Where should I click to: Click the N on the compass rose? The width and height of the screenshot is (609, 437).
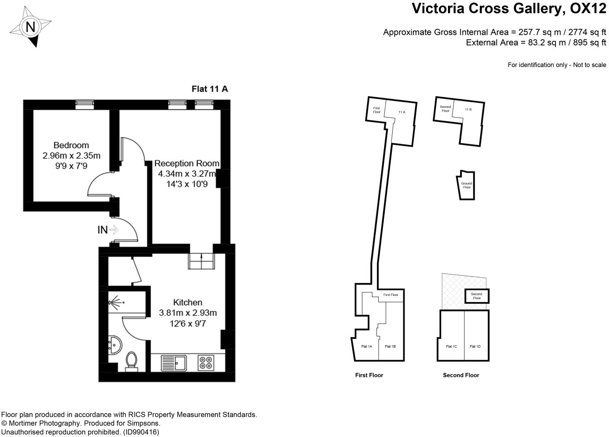click(30, 27)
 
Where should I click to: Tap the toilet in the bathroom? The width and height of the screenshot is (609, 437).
click(132, 361)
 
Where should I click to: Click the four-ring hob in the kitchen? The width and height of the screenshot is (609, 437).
click(206, 363)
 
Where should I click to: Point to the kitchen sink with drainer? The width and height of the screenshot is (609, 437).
click(174, 363)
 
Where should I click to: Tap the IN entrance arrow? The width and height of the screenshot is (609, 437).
click(114, 230)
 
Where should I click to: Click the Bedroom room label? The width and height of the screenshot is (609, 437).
click(71, 145)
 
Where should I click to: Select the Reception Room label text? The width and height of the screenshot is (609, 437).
click(187, 163)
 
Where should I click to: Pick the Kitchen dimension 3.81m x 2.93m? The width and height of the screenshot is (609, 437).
click(188, 313)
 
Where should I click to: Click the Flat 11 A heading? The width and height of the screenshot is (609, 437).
click(210, 89)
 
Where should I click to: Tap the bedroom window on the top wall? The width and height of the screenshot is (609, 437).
click(84, 105)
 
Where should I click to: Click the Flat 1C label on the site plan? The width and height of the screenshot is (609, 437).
click(451, 346)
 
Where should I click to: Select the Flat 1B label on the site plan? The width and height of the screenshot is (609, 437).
click(390, 346)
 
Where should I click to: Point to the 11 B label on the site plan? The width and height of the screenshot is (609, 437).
click(468, 109)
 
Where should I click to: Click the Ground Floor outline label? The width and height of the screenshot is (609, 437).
click(467, 185)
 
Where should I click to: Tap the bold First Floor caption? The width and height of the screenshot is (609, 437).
click(369, 375)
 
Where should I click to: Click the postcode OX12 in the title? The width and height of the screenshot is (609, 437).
click(588, 8)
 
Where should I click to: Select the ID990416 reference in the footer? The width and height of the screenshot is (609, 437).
click(141, 432)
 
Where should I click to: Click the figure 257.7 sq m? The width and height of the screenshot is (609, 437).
click(539, 32)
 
